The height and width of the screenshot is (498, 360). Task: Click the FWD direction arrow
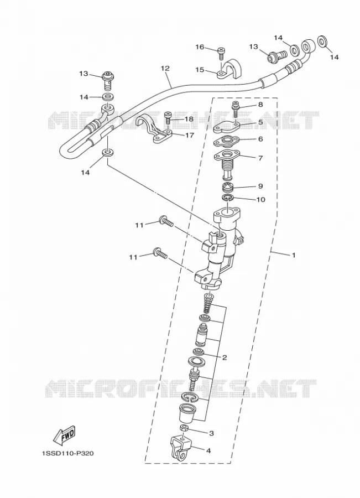coord(64,434)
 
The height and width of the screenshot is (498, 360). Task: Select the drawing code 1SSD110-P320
coord(67,453)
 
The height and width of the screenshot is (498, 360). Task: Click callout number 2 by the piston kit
coord(225,357)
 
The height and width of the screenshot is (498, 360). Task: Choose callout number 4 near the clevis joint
coord(208,450)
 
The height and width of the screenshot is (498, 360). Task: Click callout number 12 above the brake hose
coord(165,68)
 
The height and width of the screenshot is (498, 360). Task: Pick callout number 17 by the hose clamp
coord(189,136)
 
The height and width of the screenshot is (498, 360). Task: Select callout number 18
coord(189,119)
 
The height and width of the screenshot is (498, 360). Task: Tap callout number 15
coord(200,70)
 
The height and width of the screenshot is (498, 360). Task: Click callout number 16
coord(200,48)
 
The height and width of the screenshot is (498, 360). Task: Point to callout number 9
coord(260,186)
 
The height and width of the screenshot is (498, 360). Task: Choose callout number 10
coord(260,199)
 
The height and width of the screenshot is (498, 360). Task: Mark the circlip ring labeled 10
coord(228,199)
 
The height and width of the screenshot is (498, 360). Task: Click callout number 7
coord(260,158)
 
